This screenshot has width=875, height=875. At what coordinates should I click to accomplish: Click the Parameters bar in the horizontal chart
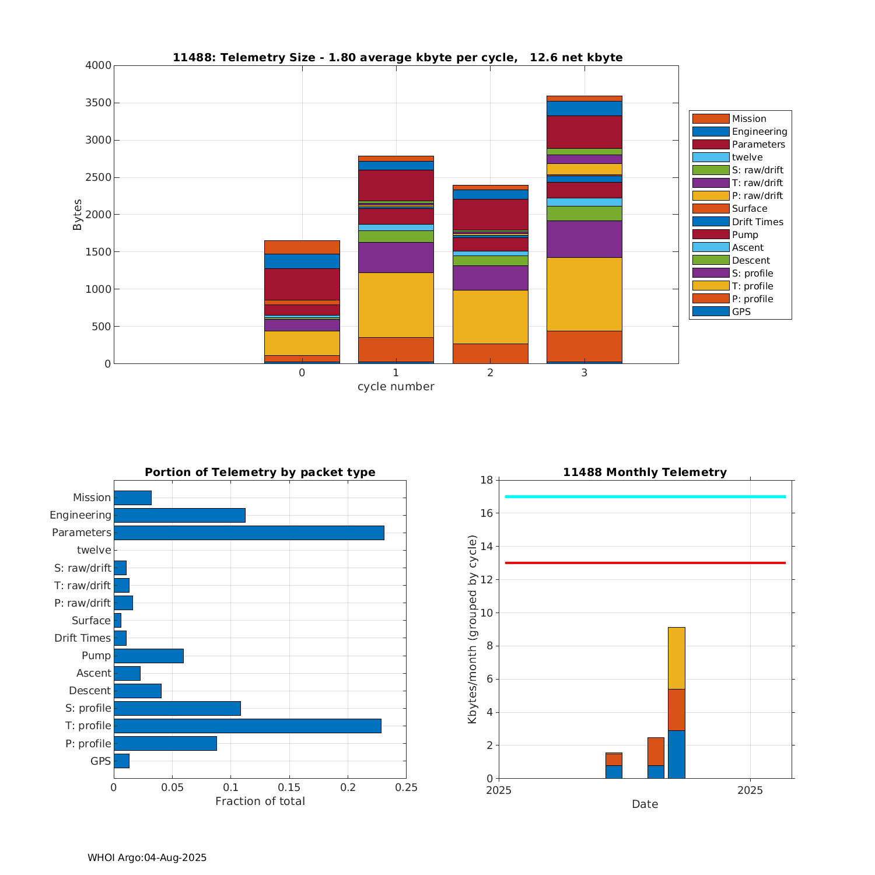[x=249, y=533]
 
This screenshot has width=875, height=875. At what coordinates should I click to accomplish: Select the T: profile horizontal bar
[x=247, y=726]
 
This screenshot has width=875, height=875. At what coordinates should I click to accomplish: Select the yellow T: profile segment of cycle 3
[x=584, y=294]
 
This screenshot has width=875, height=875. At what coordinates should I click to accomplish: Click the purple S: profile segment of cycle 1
[x=395, y=257]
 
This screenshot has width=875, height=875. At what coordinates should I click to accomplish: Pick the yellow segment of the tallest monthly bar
[x=676, y=658]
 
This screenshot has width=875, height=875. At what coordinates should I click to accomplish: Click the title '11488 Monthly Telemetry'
[x=645, y=473]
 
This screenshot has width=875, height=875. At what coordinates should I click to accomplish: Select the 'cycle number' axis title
[x=395, y=387]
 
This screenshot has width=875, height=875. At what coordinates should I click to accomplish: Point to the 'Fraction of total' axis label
[x=260, y=801]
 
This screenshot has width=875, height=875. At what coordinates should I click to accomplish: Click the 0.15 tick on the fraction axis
[x=289, y=787]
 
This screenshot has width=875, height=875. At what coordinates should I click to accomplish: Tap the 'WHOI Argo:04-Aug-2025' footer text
[x=147, y=857]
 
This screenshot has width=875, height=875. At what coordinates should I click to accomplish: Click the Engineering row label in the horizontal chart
[x=80, y=515]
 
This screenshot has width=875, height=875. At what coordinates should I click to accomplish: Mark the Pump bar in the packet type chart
[x=149, y=656]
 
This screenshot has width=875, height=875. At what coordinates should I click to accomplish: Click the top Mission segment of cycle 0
[x=302, y=247]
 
